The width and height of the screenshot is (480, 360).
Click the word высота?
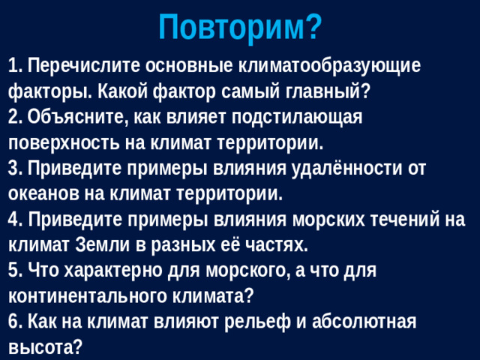coord(44,347)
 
